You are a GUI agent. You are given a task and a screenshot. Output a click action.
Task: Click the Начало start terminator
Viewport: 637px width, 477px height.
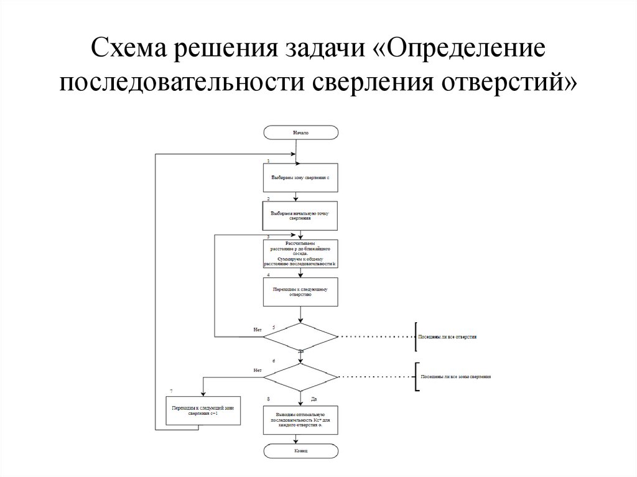point(300,132)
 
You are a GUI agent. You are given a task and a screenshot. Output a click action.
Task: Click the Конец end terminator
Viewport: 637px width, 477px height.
point(300,450)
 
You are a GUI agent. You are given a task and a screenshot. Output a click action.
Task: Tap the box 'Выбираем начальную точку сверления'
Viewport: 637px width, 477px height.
point(300,216)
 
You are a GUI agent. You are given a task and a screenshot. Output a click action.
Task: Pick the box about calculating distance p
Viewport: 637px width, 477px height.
point(300,254)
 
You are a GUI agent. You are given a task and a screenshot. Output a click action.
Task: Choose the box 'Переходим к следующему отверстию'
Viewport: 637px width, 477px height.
point(300,292)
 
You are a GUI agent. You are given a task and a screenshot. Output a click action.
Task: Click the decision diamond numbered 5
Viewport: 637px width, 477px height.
point(300,338)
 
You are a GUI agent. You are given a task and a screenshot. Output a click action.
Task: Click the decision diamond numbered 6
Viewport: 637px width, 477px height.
point(300,377)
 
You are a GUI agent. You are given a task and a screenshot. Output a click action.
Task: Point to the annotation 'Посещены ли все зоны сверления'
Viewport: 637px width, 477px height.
point(455,377)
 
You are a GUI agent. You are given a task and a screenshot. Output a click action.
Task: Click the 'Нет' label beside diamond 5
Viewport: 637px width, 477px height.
point(257,328)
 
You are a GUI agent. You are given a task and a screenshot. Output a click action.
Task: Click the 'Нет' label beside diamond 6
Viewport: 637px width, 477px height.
point(257,371)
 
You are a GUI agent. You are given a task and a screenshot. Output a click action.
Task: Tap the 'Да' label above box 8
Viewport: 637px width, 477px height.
point(314,398)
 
